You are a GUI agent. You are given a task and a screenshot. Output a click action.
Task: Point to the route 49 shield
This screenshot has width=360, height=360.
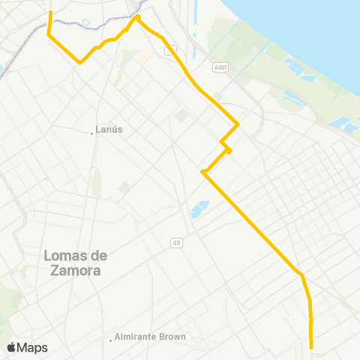(176, 241)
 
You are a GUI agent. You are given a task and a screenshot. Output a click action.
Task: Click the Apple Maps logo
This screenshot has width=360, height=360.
(27, 347)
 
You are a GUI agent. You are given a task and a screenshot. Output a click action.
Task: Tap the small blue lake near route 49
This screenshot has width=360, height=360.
(199, 209)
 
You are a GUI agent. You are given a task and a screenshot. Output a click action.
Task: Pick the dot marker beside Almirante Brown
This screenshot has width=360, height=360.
(111, 337)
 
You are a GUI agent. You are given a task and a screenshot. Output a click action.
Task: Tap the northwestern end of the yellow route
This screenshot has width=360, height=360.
(50, 12)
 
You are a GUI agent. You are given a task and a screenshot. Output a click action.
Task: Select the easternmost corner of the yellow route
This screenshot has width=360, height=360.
(238, 124)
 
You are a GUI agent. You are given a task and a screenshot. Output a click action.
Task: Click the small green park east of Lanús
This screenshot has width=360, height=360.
(181, 115)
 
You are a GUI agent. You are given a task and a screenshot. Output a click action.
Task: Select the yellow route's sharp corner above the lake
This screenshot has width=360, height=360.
(203, 172)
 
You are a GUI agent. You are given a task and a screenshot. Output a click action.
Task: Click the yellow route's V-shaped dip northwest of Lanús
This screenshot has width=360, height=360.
(79, 63)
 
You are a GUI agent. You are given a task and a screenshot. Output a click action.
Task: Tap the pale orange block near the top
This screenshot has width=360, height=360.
(142, 57)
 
